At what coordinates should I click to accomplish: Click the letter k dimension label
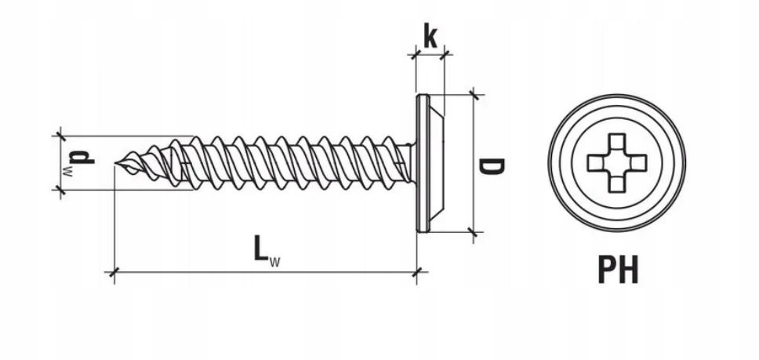pos(430,36)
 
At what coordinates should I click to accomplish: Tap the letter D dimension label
pos(492,166)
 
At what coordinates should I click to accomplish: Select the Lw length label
pos(267,251)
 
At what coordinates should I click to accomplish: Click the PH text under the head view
pos(618,270)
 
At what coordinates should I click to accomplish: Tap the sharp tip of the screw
pos(115,163)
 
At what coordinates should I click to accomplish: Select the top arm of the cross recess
pos(616,141)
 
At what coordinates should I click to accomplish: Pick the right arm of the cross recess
pos(638,163)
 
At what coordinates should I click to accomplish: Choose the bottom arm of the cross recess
pos(616,184)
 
